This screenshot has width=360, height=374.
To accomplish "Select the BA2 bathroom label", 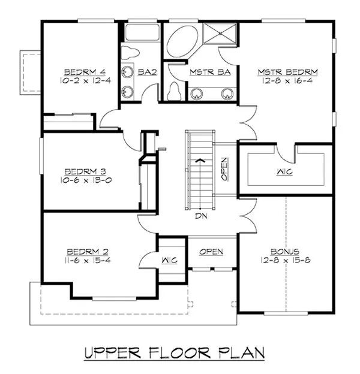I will click(147, 72).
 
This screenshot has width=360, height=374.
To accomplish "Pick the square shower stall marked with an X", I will click(220, 37).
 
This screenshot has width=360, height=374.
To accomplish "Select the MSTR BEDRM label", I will click(288, 72).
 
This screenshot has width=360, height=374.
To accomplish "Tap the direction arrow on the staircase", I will click(201, 161).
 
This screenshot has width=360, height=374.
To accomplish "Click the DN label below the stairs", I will click(200, 217).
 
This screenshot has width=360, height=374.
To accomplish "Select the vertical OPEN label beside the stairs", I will click(224, 169).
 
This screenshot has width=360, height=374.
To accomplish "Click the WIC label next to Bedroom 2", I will click(169, 261).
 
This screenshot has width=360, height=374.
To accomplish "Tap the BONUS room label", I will click(284, 251).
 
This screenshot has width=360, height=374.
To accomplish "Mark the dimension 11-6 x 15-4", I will click(88, 260).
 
